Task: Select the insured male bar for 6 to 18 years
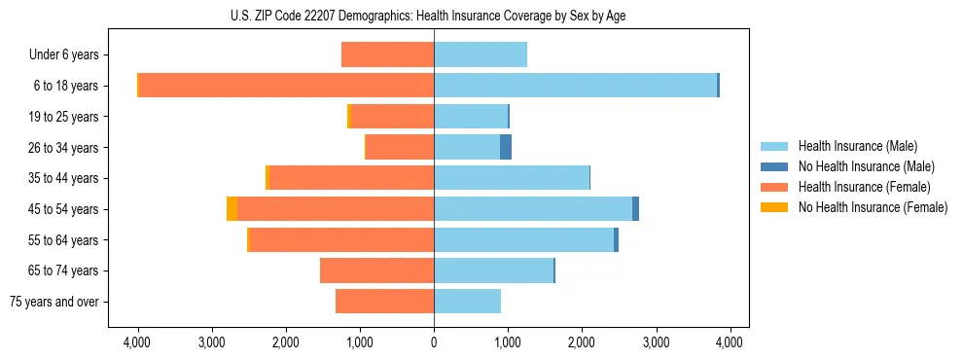coord(575,86)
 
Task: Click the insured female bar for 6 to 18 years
coord(286,86)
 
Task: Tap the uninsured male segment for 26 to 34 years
coord(506,147)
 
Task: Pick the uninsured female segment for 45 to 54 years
coord(232,208)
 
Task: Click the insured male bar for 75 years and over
coord(467,302)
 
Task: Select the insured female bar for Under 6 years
coord(387,54)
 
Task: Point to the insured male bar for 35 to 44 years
coord(512,178)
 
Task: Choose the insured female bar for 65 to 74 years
coord(376,270)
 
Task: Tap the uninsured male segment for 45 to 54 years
coord(635,208)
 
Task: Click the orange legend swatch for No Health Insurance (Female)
coord(775,207)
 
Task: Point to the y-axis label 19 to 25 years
coord(65,117)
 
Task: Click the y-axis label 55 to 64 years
coord(65,240)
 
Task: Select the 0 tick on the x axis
coord(434,342)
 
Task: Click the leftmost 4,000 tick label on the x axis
coord(137,342)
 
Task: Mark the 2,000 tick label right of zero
coord(582,342)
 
